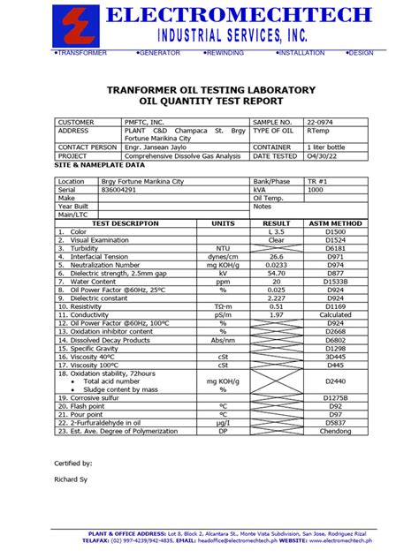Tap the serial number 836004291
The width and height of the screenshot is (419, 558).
[x=119, y=190]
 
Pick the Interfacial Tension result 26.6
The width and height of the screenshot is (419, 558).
[x=277, y=256]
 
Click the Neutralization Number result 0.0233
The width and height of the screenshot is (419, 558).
[x=277, y=264]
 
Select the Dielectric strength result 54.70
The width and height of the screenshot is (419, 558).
[x=277, y=272]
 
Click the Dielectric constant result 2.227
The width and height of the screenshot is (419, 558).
[x=277, y=297]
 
